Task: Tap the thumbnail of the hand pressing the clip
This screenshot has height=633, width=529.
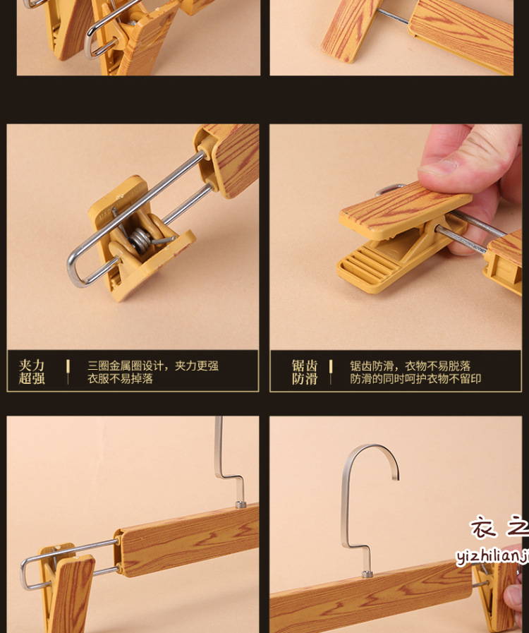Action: click(396, 236)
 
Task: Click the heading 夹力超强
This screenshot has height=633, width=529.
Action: click(32, 372)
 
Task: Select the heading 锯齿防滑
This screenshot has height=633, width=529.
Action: click(305, 372)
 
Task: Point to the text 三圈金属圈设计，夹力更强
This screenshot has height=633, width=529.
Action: click(152, 366)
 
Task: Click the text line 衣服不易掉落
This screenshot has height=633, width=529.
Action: click(120, 378)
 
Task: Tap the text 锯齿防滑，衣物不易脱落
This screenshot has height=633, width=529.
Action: click(410, 366)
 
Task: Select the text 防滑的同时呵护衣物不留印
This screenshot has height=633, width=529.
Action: click(415, 378)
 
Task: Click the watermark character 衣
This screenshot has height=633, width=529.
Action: click(484, 527)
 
